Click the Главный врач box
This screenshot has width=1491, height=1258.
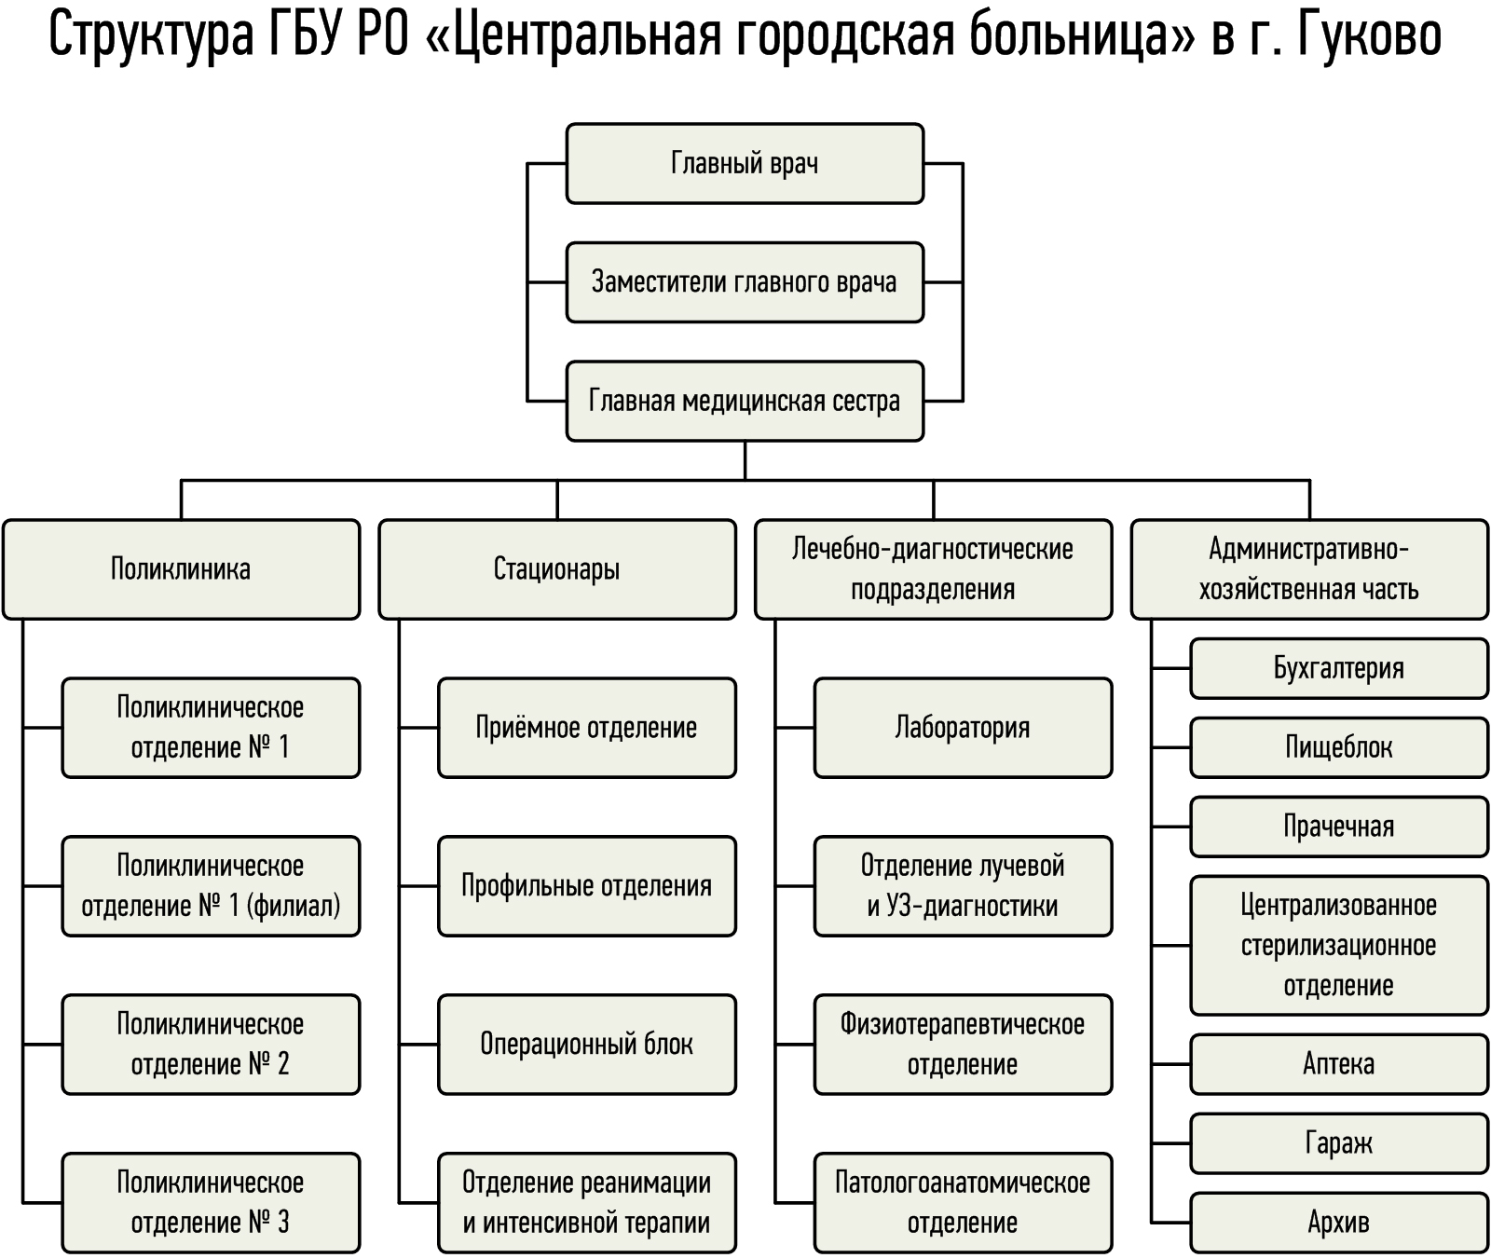pyautogui.click(x=745, y=163)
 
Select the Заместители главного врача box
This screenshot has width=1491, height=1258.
pyautogui.click(x=745, y=282)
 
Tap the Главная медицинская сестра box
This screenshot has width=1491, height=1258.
pyautogui.click(x=745, y=402)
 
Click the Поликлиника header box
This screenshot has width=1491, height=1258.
pyautogui.click(x=181, y=569)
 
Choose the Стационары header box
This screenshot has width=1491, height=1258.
pyautogui.click(x=557, y=569)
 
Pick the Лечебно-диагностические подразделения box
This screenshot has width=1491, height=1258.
pyautogui.click(x=933, y=569)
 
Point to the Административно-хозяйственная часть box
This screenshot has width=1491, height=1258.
pyautogui.click(x=1309, y=569)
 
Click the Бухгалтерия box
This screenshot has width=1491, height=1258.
pyautogui.click(x=1339, y=668)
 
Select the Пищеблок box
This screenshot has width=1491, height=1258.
pyautogui.click(x=1339, y=747)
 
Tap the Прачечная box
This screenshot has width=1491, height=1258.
pyautogui.click(x=1339, y=827)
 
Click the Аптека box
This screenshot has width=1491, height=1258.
pyautogui.click(x=1339, y=1064)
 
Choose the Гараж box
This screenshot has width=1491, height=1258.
pyautogui.click(x=1339, y=1143)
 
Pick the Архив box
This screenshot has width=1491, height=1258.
pyautogui.click(x=1339, y=1223)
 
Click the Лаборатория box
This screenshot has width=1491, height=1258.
pyautogui.click(x=963, y=728)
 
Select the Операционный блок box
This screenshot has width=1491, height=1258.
pyautogui.click(x=587, y=1045)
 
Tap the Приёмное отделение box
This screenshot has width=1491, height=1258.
pyautogui.click(x=587, y=728)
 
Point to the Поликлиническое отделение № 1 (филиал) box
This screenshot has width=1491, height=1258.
pyautogui.click(x=211, y=886)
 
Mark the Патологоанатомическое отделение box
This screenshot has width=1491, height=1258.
pyautogui.click(x=963, y=1203)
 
